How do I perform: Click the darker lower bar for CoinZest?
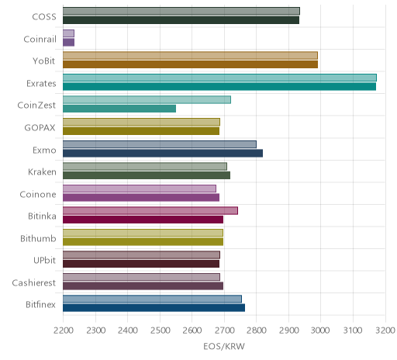[x=119, y=109]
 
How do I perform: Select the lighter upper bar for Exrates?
[x=219, y=78]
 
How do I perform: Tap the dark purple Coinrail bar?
[x=69, y=43]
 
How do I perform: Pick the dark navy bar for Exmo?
[x=163, y=154]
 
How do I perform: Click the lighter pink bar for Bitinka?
[x=150, y=210]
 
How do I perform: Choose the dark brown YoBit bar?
[x=191, y=64]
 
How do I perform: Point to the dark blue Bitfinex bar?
[x=154, y=308]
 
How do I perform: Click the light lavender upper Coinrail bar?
[x=69, y=33]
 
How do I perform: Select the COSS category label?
[x=44, y=17]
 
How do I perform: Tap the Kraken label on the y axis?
[x=42, y=172]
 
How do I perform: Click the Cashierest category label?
[x=34, y=283]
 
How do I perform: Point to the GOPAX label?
[x=40, y=128]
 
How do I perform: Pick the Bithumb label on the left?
[x=38, y=238]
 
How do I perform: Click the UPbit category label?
[x=44, y=260]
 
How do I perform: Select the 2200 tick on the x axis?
[x=63, y=331]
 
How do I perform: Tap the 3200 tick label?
[x=385, y=331]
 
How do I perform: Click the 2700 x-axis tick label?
[x=224, y=331]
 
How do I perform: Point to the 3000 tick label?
[x=320, y=331]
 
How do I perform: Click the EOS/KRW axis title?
[x=224, y=347]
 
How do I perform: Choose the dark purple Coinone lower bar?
[x=141, y=198]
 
